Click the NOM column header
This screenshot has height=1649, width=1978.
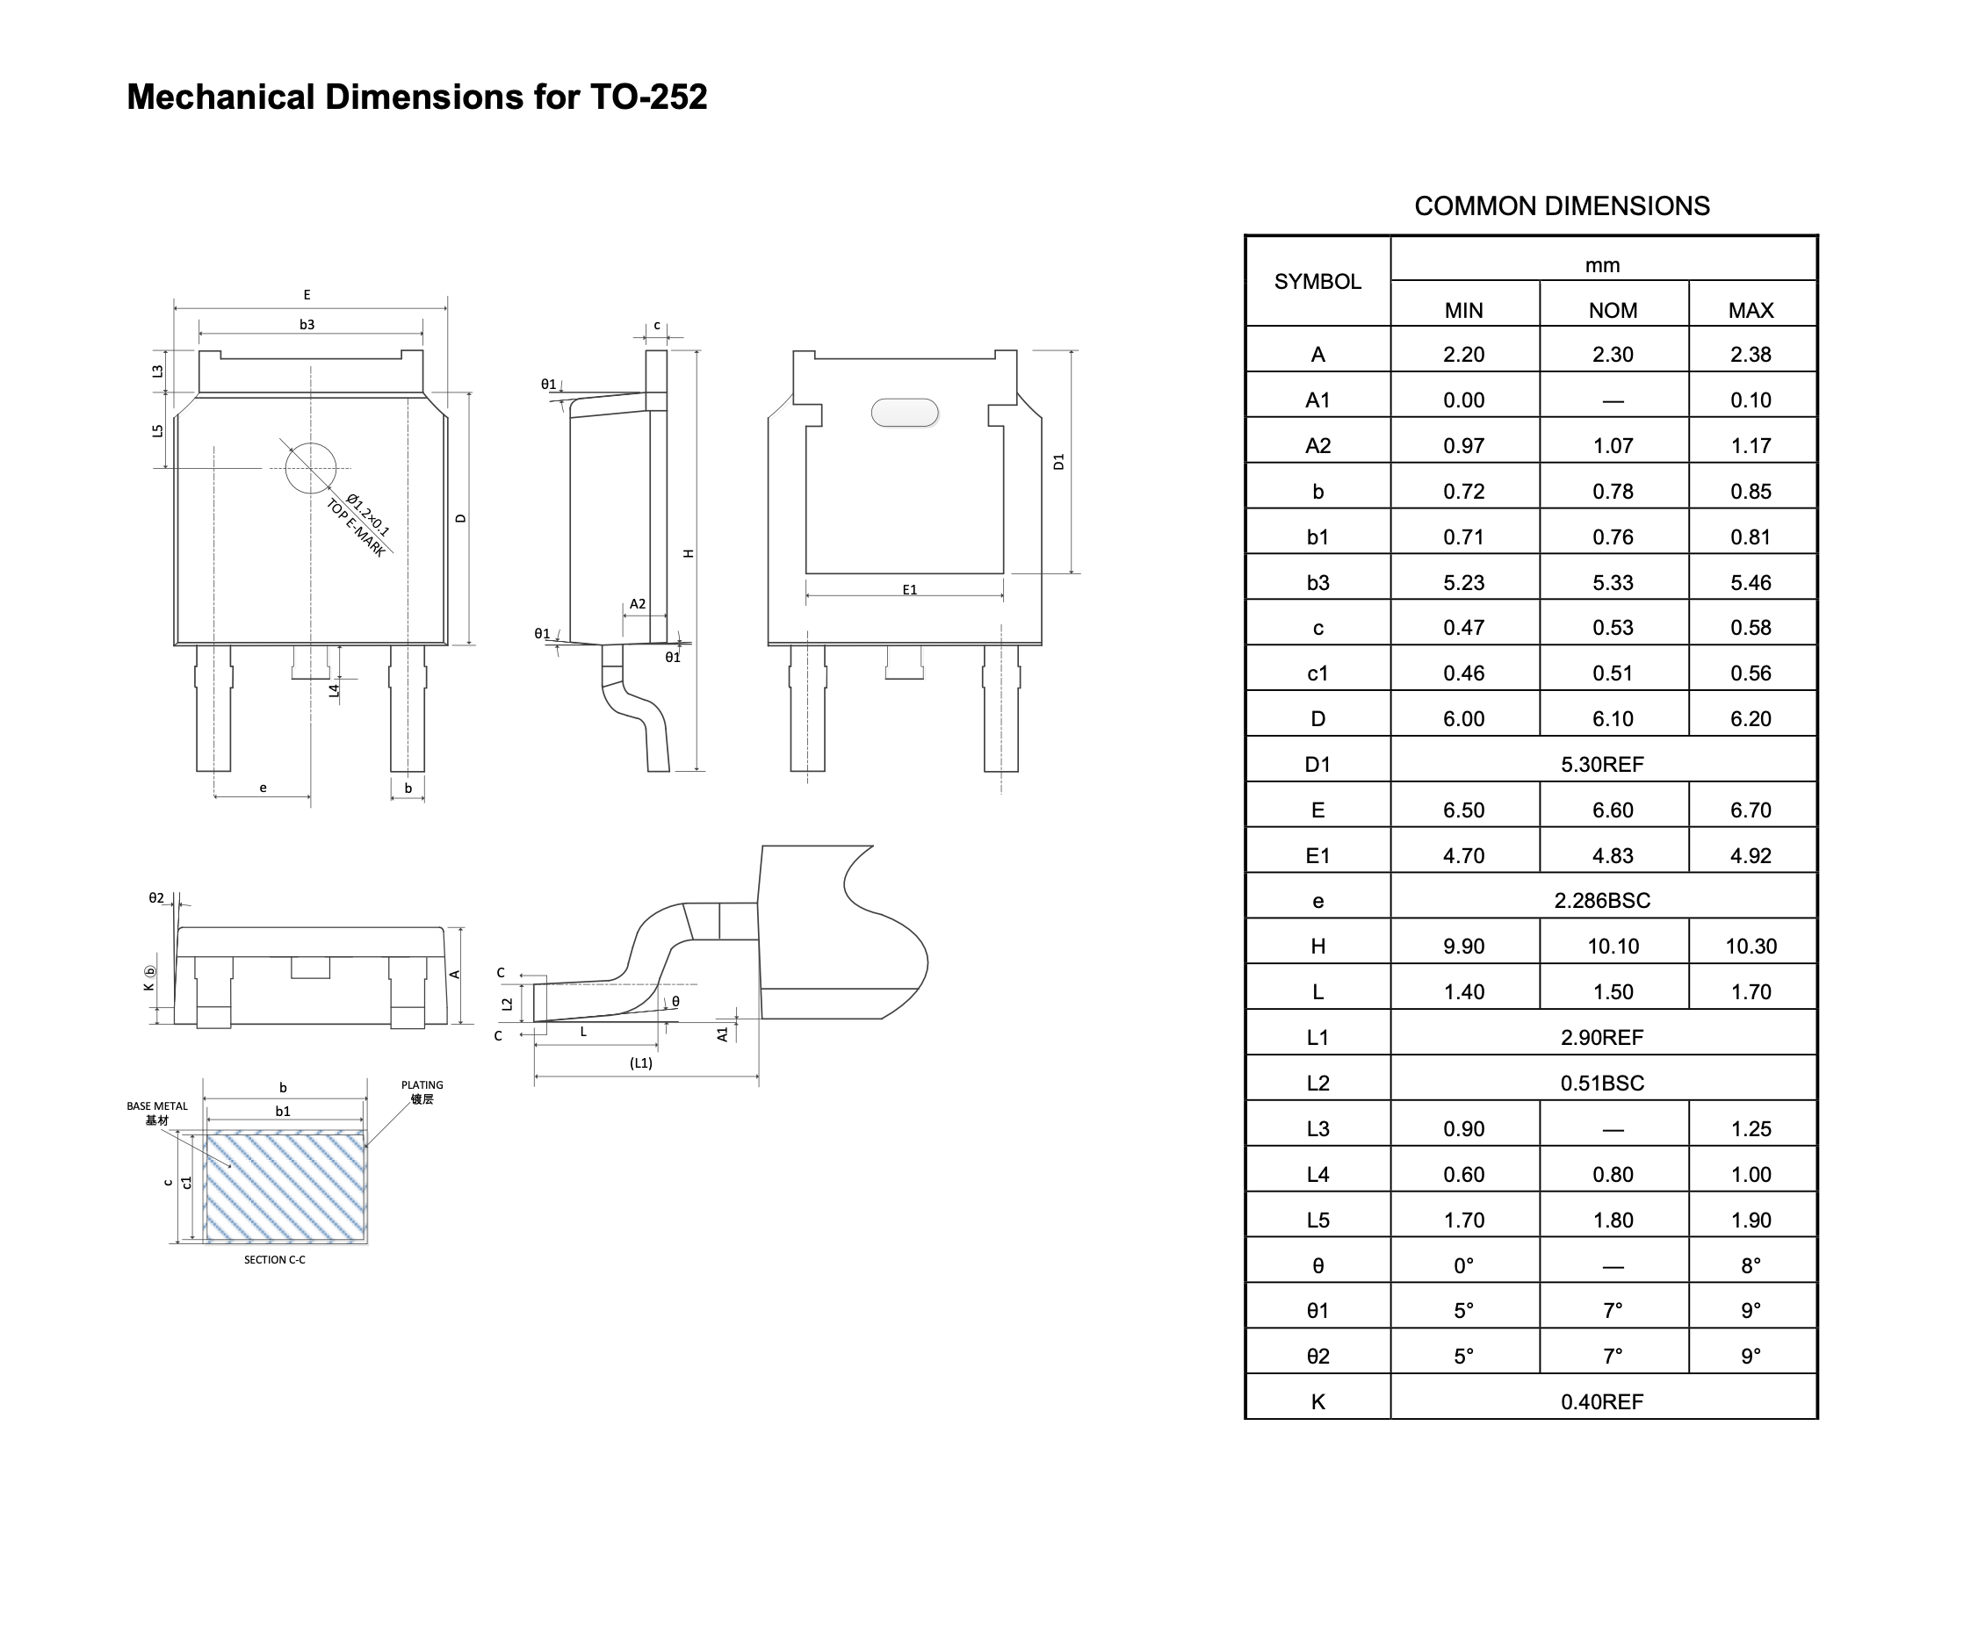[x=1613, y=310]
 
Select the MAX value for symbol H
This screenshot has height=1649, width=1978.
[x=1750, y=947]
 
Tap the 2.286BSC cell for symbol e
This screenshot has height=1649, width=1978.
[x=1601, y=900]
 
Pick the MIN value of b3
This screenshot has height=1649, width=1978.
[x=1462, y=583]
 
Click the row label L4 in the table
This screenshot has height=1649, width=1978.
[x=1317, y=1174]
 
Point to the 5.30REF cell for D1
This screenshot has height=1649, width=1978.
[x=1601, y=765]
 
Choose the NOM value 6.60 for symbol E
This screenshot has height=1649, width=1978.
[x=1613, y=810]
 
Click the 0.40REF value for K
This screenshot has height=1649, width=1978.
[x=1601, y=1401]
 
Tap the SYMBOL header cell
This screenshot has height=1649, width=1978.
[x=1317, y=282]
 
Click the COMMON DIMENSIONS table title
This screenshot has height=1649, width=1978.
[x=1562, y=206]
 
